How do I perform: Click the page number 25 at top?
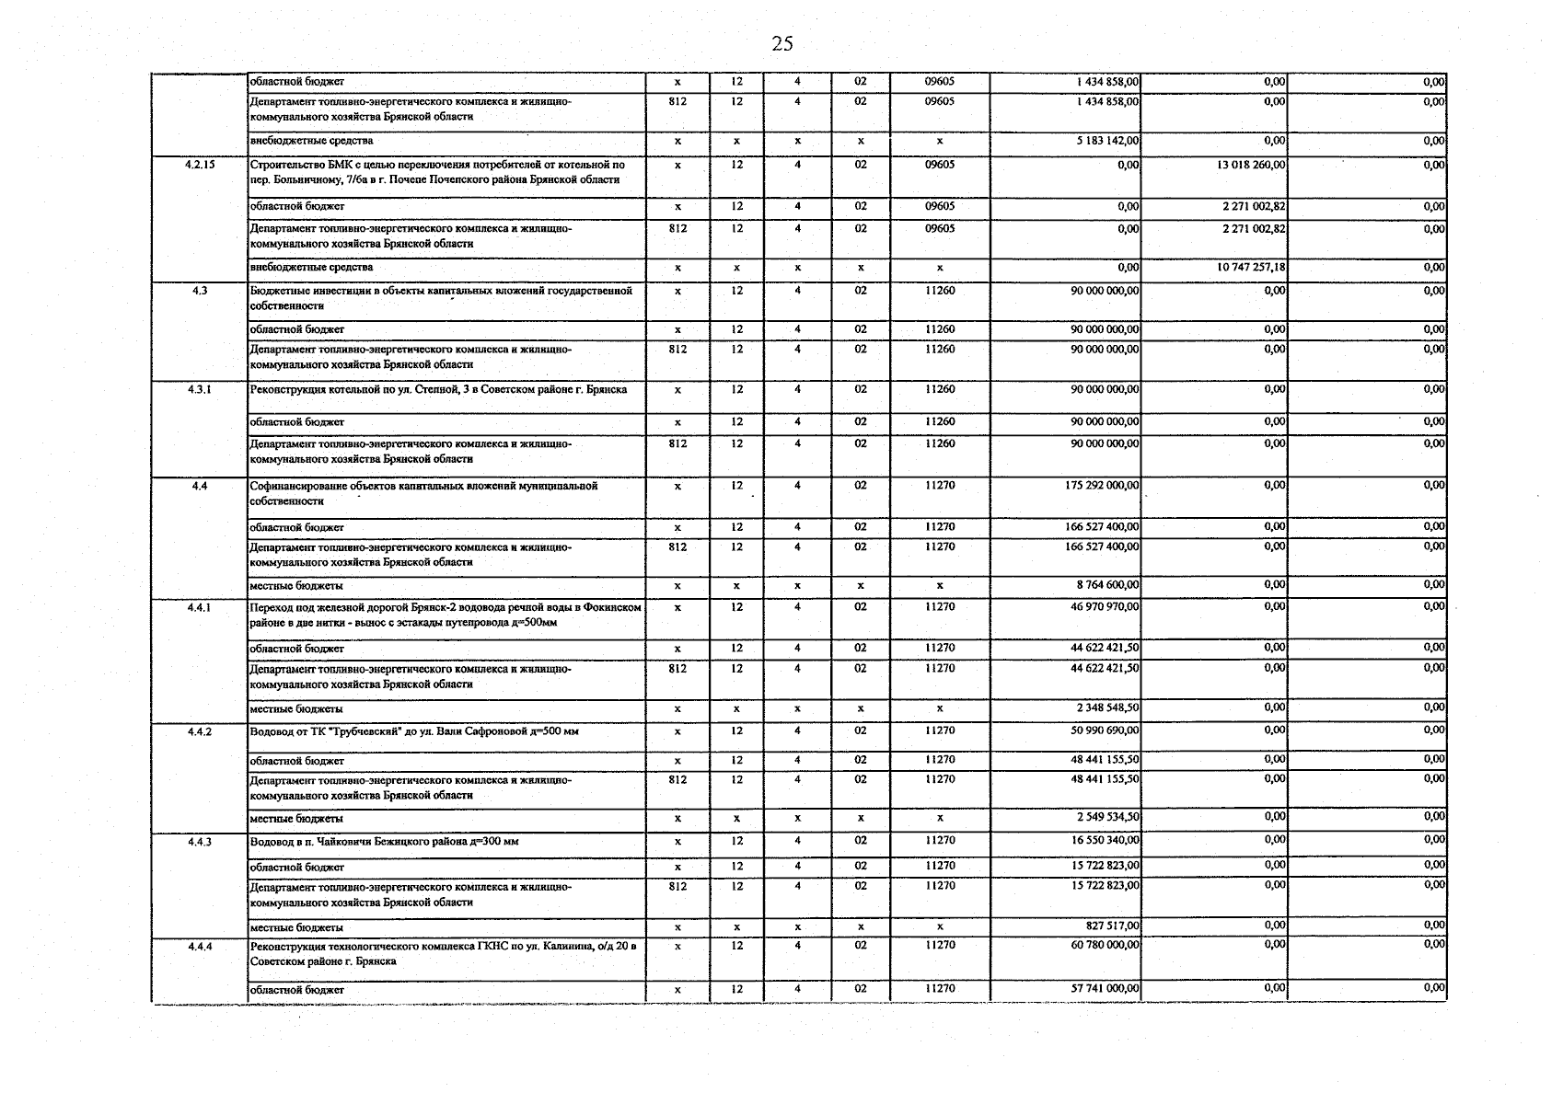[x=782, y=44]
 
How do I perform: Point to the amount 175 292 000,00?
[x=1101, y=485]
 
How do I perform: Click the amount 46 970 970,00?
[x=1105, y=607]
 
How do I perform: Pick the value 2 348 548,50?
[x=1107, y=707]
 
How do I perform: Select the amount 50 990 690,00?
[x=1105, y=730]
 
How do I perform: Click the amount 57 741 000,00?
[x=1105, y=988]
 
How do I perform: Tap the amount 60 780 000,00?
[x=1105, y=945]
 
